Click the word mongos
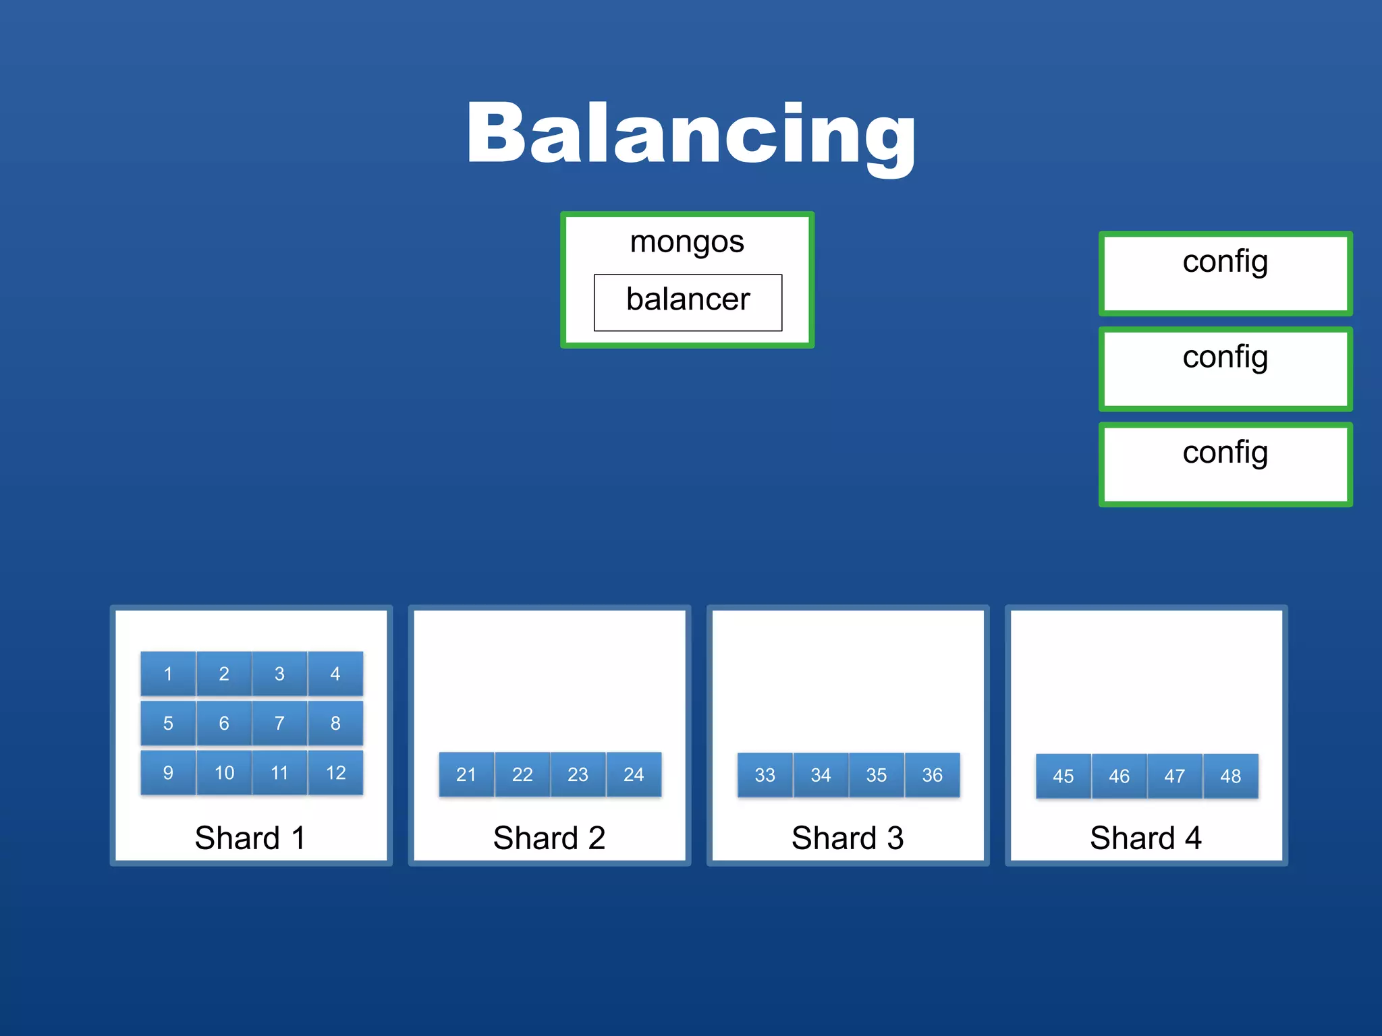[686, 241]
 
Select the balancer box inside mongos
[688, 301]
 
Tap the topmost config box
[1225, 273]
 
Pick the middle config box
[1225, 369]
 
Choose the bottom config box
[1225, 465]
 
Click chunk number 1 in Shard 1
[168, 673]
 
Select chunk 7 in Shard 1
[279, 723]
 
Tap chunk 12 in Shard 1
[335, 772]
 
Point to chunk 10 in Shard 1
[224, 772]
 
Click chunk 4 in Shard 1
[335, 673]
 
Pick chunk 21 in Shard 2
[466, 774]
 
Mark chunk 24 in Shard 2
[634, 774]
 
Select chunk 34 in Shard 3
[821, 775]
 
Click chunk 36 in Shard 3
[932, 775]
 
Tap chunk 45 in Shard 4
[1063, 776]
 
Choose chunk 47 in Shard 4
[1175, 776]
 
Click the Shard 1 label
[250, 838]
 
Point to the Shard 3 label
[848, 838]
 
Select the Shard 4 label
[1146, 838]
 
